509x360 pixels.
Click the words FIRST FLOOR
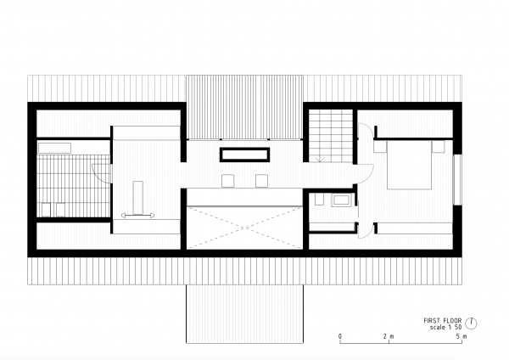[442, 321]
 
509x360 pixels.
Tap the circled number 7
[471, 323]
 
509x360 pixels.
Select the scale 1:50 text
[445, 328]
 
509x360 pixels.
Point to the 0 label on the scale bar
[340, 336]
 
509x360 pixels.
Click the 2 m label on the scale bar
[389, 336]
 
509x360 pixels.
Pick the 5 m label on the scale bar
[461, 336]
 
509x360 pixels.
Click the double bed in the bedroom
[409, 165]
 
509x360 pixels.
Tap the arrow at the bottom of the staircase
[320, 160]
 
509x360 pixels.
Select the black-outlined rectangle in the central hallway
[245, 155]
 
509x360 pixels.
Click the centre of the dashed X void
[245, 228]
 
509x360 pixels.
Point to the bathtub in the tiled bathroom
[54, 148]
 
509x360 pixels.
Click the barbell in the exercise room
[137, 215]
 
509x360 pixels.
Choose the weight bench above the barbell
[138, 198]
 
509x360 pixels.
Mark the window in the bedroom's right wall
[457, 179]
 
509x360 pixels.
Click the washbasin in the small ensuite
[340, 200]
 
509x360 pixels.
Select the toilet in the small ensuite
[319, 200]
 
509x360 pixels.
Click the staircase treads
[331, 136]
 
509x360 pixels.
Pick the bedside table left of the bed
[380, 147]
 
